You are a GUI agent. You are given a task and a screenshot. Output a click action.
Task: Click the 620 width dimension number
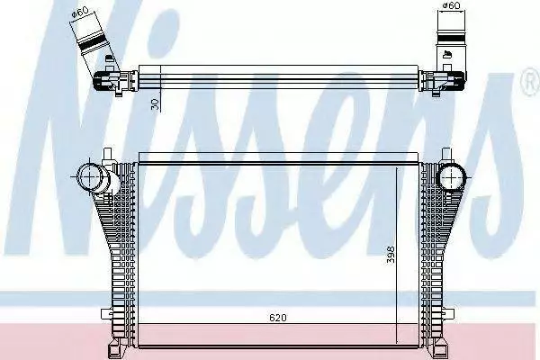click(277, 318)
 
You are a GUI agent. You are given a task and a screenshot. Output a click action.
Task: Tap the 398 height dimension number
click(391, 254)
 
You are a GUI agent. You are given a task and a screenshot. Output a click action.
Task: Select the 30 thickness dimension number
click(155, 104)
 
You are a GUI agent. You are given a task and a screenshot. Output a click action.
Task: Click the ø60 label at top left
click(80, 12)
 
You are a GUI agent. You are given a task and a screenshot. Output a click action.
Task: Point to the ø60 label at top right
click(451, 5)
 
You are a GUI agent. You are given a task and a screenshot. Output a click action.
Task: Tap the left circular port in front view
click(90, 176)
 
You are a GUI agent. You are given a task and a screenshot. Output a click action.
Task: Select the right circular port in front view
click(451, 177)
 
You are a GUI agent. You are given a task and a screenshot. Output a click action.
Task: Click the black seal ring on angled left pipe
click(92, 43)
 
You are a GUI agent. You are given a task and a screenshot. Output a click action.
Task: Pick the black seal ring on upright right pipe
click(451, 37)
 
